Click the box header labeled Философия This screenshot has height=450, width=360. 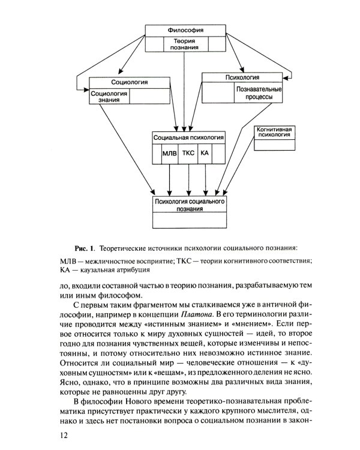pos(185,30)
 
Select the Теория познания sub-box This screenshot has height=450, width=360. pos(185,43)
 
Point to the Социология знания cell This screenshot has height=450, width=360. pos(109,97)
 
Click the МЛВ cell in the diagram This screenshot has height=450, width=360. pos(170,154)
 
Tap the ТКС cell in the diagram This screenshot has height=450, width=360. pos(188,154)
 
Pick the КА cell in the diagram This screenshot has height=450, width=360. pos(205,154)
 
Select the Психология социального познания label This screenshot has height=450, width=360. pos(189,206)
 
